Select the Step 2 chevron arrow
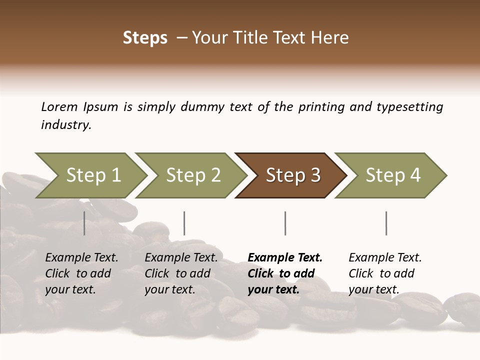pos(192,175)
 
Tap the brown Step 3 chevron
pos(292,175)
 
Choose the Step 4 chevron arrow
pos(392,175)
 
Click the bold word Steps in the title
pos(145,38)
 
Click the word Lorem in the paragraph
pos(59,106)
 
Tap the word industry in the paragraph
pos(66,125)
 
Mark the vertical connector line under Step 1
pos(84,223)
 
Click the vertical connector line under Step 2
pos(184,223)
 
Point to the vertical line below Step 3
pos(285,223)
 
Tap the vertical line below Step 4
pos(386,223)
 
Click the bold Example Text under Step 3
pos(285,257)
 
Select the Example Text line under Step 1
pos(81,257)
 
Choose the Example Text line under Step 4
pos(385,257)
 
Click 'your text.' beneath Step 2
pos(170,289)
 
